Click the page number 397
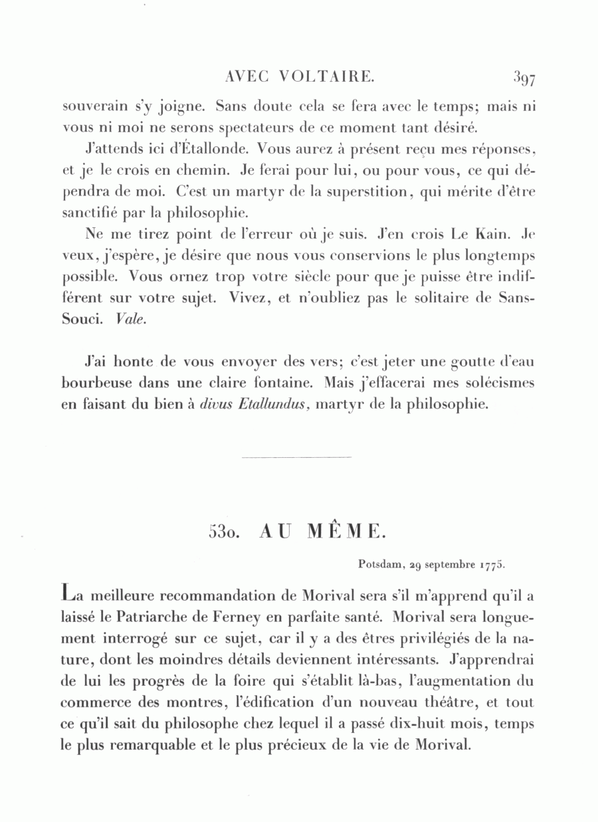point(524,78)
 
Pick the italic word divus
point(215,403)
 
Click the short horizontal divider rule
point(297,458)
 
